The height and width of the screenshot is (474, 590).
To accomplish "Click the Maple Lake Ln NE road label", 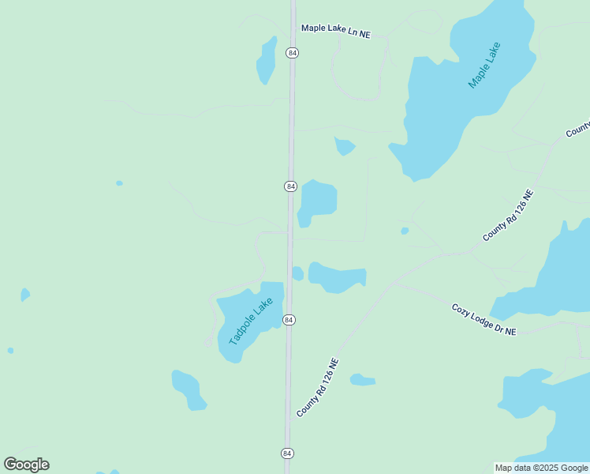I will pyautogui.click(x=335, y=31).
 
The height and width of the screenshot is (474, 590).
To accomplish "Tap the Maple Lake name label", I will pyautogui.click(x=484, y=65).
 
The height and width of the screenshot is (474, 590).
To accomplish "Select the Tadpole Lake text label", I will pyautogui.click(x=251, y=322).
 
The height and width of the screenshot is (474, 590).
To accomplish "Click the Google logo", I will pyautogui.click(x=26, y=465).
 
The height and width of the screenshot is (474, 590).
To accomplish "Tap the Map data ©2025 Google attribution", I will pyautogui.click(x=542, y=468).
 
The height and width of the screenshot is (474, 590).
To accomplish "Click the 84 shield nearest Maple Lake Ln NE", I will pyautogui.click(x=293, y=53).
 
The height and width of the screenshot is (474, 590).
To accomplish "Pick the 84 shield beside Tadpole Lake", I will pyautogui.click(x=289, y=320).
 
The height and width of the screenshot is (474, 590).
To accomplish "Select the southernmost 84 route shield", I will pyautogui.click(x=287, y=453).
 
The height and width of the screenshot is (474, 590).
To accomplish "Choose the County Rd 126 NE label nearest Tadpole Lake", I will pyautogui.click(x=317, y=388).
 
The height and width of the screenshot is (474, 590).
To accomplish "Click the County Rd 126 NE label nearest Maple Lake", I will pyautogui.click(x=508, y=215).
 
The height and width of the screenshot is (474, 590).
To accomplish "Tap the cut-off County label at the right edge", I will pyautogui.click(x=578, y=129).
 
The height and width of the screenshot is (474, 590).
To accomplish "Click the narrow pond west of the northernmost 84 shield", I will pyautogui.click(x=267, y=60).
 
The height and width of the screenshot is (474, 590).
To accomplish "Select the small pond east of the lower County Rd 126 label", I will pyautogui.click(x=362, y=380).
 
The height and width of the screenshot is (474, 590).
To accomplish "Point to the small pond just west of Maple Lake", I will pyautogui.click(x=344, y=146).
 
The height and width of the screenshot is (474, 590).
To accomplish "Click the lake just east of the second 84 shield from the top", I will pyautogui.click(x=319, y=201).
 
